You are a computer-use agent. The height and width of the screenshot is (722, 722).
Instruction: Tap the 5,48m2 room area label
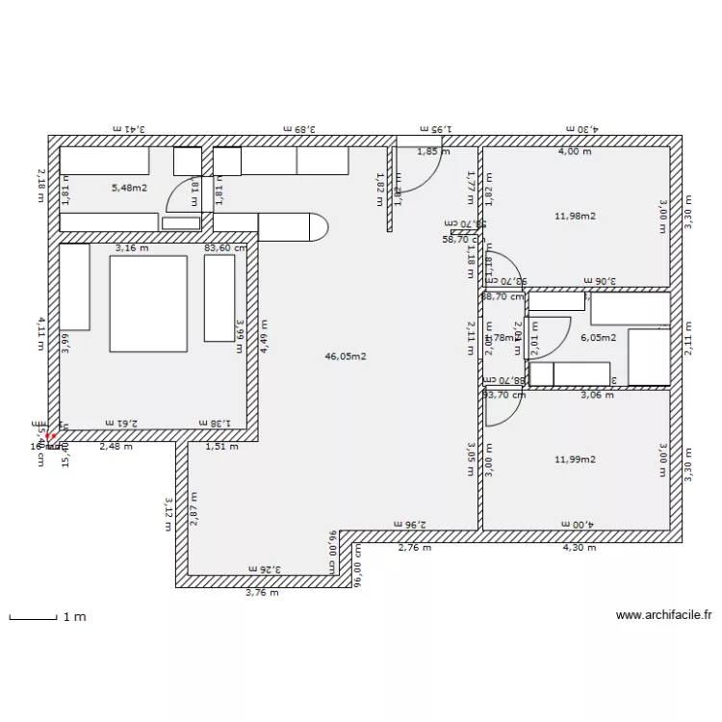tap(129, 188)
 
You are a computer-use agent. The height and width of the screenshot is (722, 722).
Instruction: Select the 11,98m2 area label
tap(576, 216)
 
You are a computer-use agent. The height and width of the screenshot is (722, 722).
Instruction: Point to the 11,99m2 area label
tap(576, 459)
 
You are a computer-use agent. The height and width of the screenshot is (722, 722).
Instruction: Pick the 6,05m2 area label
tap(597, 338)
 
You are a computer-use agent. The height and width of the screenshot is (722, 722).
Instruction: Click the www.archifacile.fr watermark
tap(663, 615)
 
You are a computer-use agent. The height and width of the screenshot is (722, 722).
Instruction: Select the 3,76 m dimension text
tap(261, 593)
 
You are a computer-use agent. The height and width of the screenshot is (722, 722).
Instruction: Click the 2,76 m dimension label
tap(415, 548)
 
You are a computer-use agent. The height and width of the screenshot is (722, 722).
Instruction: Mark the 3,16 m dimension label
tap(132, 247)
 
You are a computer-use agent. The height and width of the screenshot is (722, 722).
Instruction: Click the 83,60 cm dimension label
tap(224, 247)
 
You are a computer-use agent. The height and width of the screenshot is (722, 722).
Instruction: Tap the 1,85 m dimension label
tap(433, 151)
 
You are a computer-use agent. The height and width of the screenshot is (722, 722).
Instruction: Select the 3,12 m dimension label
tap(168, 506)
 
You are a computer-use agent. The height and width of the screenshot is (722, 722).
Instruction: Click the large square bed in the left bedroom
tap(148, 303)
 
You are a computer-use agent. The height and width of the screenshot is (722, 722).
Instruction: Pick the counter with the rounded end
tap(295, 225)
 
